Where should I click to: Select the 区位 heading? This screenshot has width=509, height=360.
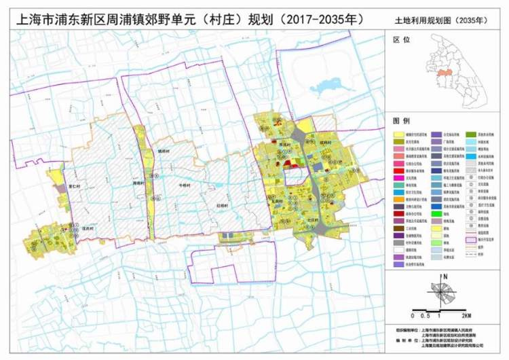click(402, 40)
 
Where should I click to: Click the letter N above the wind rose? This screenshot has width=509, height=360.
click(445, 276)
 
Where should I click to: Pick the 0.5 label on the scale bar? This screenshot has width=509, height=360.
click(424, 316)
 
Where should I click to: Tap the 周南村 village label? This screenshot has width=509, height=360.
click(139, 183)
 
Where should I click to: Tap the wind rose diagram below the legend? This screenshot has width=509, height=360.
click(445, 293)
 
